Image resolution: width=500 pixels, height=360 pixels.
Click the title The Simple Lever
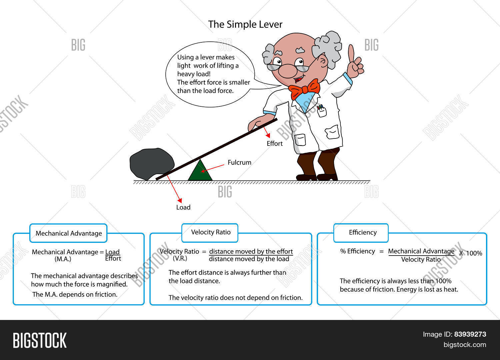point(245,24)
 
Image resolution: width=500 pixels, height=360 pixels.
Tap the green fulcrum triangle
point(200,172)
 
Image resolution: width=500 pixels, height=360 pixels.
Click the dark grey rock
point(151,163)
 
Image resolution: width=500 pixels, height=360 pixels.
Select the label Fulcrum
point(239,162)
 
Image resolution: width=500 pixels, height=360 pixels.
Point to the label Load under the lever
point(183,207)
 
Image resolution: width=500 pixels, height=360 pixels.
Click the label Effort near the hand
point(275,143)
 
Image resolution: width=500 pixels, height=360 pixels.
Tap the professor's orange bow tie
point(304,89)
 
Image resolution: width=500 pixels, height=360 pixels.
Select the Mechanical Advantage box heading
point(69,233)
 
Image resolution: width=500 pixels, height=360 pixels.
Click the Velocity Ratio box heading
point(211,232)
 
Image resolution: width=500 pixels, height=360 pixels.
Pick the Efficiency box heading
point(363,233)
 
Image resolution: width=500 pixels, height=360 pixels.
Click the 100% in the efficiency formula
point(474,253)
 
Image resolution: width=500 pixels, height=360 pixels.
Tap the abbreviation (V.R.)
point(180,258)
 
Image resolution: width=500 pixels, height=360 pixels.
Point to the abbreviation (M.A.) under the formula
point(63,259)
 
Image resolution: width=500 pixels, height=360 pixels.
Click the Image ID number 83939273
point(470,334)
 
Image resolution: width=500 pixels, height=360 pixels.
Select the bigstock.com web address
point(465,345)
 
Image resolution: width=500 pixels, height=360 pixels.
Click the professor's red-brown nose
point(287,70)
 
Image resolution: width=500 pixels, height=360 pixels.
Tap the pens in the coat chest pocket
point(321,108)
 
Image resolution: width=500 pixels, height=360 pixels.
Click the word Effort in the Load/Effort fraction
point(113,259)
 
